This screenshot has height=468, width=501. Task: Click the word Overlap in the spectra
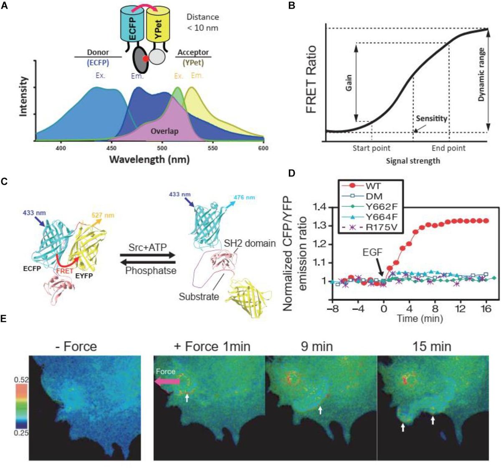(165, 131)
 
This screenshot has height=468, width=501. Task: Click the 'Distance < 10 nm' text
(203, 23)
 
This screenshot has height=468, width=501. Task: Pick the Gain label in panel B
(349, 82)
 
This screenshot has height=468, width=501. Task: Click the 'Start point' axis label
(372, 148)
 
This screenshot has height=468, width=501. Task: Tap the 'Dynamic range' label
(481, 75)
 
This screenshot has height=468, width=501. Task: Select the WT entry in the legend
(359, 186)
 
